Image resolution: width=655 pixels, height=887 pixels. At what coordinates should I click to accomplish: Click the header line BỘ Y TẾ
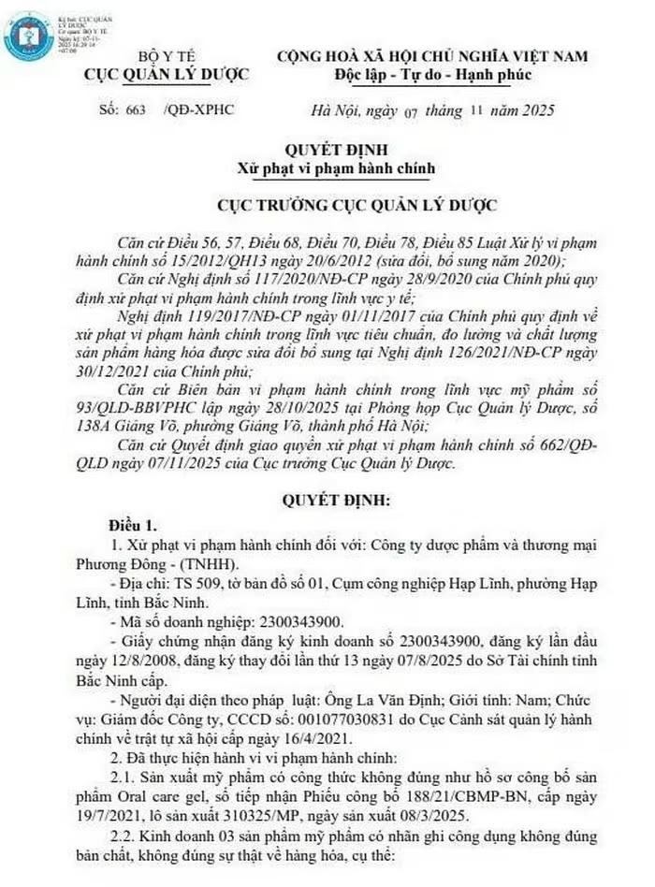(164, 57)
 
